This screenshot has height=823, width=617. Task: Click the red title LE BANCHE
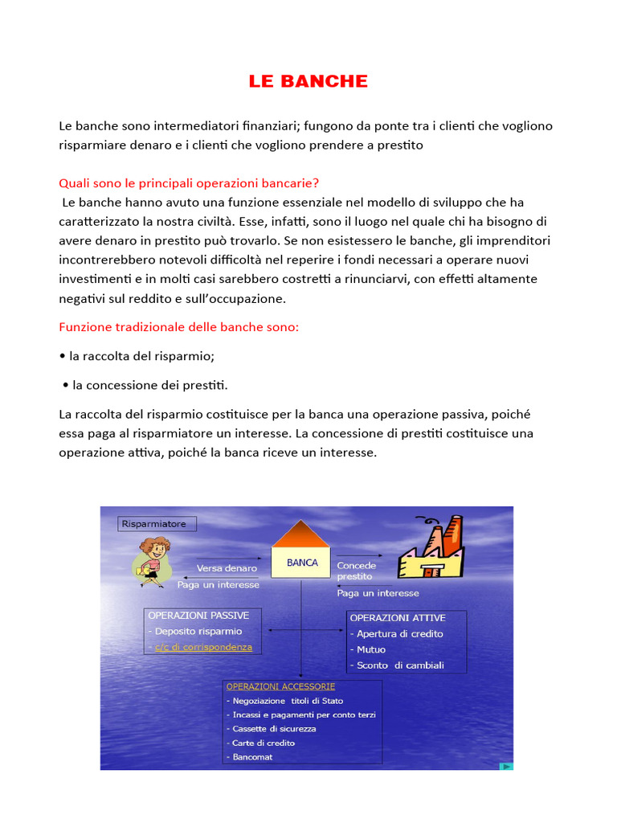tap(308, 81)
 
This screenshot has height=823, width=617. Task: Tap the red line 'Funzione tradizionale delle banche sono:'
tap(178, 327)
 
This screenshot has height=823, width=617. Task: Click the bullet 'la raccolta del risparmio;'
tap(142, 356)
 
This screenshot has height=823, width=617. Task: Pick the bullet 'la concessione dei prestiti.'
tap(149, 385)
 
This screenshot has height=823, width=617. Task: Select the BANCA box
tap(302, 563)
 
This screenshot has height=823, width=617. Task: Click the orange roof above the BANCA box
tap(302, 534)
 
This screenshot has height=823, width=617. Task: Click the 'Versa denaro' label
tap(227, 568)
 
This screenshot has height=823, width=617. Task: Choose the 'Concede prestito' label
tap(356, 571)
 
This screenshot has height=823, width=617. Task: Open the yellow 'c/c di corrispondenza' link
tap(203, 647)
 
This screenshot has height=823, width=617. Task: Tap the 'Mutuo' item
tap(371, 649)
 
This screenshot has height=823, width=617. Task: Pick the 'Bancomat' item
tap(251, 757)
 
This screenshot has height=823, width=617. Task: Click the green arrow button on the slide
tap(506, 766)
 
